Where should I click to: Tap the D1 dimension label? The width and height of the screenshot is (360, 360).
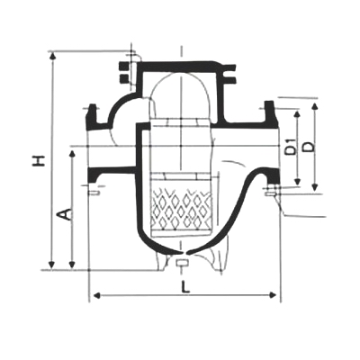290,147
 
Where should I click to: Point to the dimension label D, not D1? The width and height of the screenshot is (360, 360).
309,147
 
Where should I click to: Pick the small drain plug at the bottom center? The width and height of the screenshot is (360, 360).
182,264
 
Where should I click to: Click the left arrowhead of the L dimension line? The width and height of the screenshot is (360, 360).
94,293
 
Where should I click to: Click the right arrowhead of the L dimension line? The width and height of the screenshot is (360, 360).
276,293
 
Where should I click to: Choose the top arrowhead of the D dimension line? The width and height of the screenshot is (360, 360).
315,107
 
